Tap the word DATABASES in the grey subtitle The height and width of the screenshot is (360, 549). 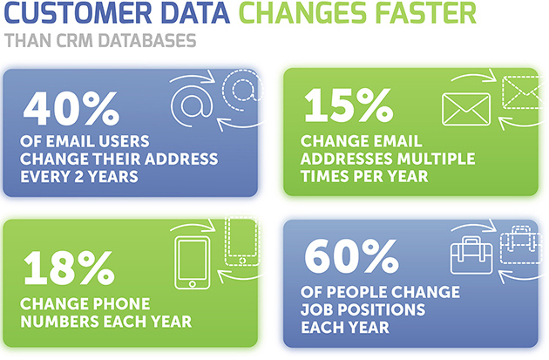coord(147,41)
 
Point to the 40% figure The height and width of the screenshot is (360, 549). coord(71,108)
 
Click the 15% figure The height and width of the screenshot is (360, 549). coord(349,105)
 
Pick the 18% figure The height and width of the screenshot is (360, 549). coord(69,268)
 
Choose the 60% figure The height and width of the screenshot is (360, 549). coord(351,256)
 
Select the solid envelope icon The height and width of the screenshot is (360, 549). coord(466,109)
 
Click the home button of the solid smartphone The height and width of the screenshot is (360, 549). coord(193,283)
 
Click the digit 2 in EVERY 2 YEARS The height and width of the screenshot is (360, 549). coord(78,176)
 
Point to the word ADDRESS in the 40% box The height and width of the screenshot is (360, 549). coord(181,159)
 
